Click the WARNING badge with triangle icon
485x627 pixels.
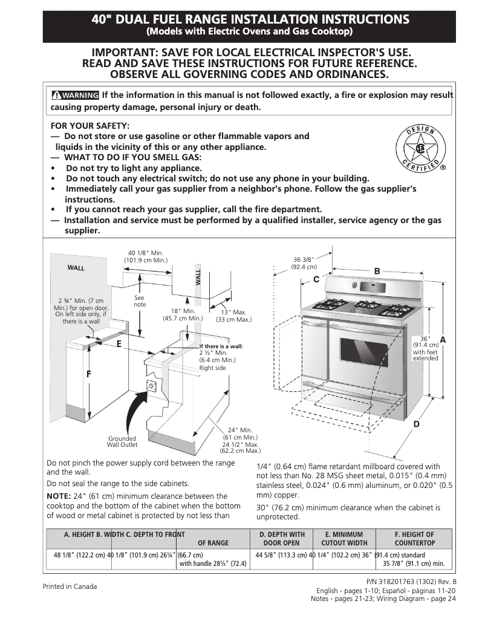click(x=75, y=96)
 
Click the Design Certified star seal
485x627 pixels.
click(x=418, y=149)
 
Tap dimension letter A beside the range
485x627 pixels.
click(x=443, y=340)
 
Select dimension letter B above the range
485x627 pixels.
click(x=377, y=271)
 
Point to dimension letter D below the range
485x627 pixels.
click(x=416, y=424)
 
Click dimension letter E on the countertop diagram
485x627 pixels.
click(x=119, y=343)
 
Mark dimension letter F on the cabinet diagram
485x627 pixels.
click(x=88, y=374)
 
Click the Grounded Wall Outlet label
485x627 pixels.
click(x=122, y=441)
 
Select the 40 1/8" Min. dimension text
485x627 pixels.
click(x=146, y=256)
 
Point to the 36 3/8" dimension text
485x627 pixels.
click(x=304, y=263)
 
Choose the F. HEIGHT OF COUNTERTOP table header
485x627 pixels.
click(x=414, y=539)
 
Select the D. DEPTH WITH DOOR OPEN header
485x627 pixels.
click(x=282, y=539)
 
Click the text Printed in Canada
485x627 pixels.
click(x=70, y=586)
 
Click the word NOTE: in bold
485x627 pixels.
click(x=58, y=496)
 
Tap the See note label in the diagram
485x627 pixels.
click(x=140, y=301)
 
